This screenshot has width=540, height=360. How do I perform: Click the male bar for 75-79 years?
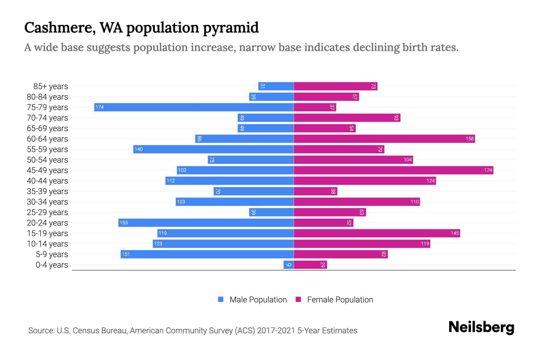tap(194, 107)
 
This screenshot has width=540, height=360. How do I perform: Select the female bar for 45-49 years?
tap(393, 170)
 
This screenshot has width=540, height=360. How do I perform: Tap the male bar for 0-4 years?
tap(288, 265)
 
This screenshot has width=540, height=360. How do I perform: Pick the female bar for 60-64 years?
tap(384, 139)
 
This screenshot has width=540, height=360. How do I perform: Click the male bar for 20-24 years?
tap(206, 223)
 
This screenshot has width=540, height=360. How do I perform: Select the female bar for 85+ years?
tap(335, 86)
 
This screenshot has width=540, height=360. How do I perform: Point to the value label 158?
tap(469, 139)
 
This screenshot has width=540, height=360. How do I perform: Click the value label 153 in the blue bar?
tap(124, 223)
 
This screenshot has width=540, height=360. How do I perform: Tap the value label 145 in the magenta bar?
tap(454, 233)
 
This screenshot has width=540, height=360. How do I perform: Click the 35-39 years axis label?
tap(47, 191)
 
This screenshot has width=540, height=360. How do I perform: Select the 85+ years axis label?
tap(51, 86)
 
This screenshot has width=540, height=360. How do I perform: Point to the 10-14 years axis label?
tap(47, 244)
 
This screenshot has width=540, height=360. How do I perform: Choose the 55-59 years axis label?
tap(47, 149)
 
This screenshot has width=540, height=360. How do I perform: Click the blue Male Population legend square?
tap(221, 299)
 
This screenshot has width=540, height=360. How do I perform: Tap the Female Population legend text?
tap(340, 299)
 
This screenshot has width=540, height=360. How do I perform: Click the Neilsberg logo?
tap(481, 327)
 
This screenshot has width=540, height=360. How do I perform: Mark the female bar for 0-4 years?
tap(310, 265)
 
